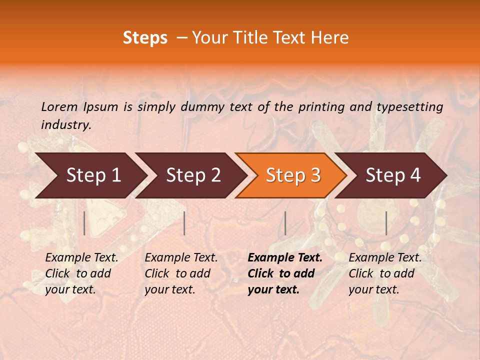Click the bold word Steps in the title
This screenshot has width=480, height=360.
click(x=145, y=38)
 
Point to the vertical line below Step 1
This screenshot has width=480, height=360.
click(x=84, y=223)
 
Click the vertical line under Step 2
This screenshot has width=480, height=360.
click(x=184, y=223)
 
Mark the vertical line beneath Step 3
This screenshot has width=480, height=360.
click(x=285, y=223)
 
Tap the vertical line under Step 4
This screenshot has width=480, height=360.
click(x=386, y=223)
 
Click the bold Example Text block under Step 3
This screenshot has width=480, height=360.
click(x=285, y=273)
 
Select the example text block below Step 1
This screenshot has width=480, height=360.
click(x=81, y=273)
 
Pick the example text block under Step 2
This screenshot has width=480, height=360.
click(x=181, y=273)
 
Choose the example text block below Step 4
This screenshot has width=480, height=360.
click(x=385, y=273)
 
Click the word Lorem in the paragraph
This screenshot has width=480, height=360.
click(x=59, y=106)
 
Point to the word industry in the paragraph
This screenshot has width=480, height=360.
click(x=65, y=125)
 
